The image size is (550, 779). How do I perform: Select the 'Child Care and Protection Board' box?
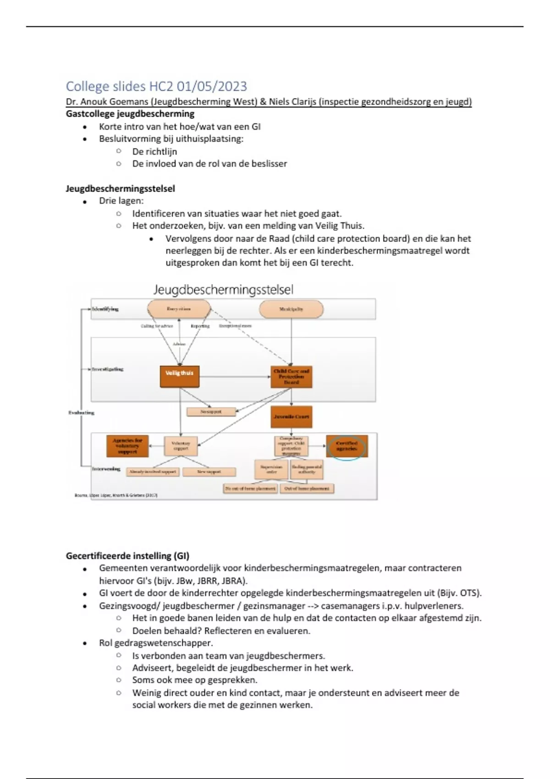point(291,377)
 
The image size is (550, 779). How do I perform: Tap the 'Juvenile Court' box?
point(291,417)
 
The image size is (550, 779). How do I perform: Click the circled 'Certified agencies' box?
point(346,446)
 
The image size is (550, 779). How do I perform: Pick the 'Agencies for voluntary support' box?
point(127,446)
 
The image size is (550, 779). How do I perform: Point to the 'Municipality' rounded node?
point(291,309)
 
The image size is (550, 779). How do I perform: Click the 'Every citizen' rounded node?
point(179,309)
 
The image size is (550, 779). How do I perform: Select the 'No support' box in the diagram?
point(211,412)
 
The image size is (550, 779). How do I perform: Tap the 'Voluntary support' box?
point(181,446)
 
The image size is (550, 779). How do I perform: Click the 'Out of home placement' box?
point(307,488)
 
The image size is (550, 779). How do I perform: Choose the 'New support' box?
point(209,472)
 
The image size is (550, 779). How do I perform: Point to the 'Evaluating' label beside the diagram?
point(81,413)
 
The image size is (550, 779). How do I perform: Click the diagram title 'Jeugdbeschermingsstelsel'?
point(223,290)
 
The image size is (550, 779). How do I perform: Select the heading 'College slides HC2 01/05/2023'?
point(156,86)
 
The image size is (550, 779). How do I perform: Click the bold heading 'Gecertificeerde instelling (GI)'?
point(127,556)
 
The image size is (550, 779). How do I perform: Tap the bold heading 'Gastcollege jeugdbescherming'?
point(130,114)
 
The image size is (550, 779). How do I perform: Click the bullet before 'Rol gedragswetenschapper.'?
point(85,643)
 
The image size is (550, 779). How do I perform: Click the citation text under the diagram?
point(116,495)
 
